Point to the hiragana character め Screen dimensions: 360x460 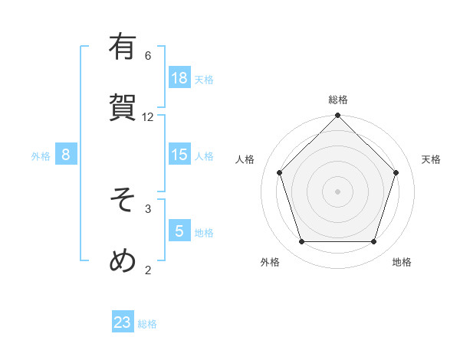123,260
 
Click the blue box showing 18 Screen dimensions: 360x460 179,78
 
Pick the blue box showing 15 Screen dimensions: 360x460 179,155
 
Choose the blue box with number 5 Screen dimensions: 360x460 179,231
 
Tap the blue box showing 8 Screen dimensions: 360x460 66,155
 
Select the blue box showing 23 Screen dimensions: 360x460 123,322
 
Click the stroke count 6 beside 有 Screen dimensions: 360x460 148,55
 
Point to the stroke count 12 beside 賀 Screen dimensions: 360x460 148,116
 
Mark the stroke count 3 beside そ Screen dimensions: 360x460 148,208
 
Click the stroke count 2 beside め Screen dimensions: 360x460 148,269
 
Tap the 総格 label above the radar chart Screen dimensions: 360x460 337,100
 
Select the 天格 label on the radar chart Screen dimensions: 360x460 431,159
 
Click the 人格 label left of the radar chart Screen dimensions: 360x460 245,159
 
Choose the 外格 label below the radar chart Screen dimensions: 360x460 269,262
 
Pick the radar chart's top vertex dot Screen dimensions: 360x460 337,116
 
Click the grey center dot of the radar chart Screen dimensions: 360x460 337,191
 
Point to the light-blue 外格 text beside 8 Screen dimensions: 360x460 41,156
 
